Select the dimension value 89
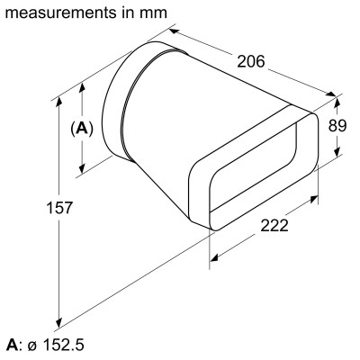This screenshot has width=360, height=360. click(338, 126)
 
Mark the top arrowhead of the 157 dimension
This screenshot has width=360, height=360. click(59, 92)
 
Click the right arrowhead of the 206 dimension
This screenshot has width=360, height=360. click(335, 95)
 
